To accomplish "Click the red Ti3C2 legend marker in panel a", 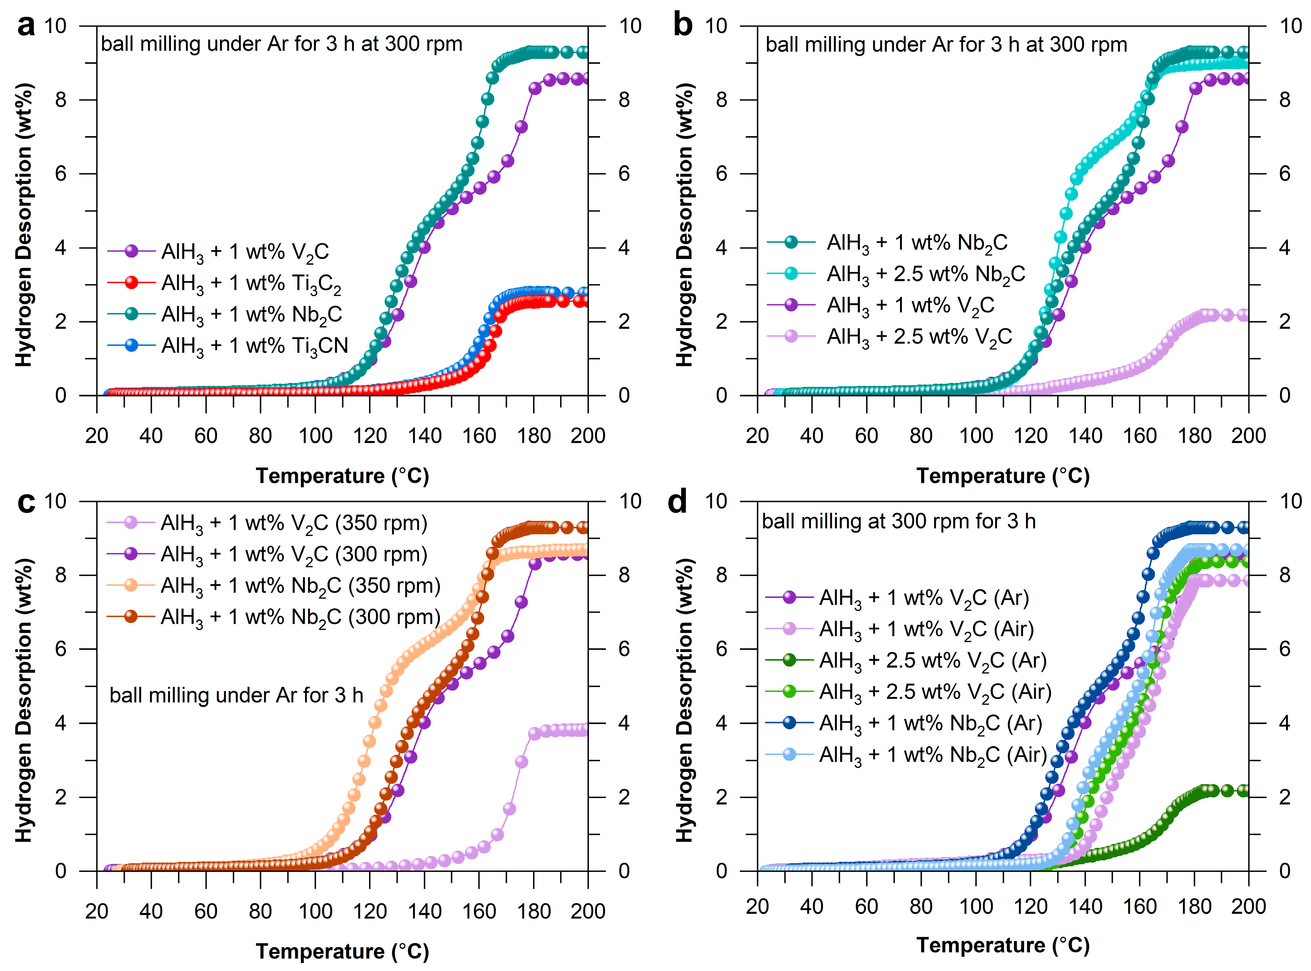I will tap(132, 283).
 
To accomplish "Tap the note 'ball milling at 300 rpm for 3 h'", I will tap(898, 521).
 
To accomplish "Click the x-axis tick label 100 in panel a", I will tap(315, 436).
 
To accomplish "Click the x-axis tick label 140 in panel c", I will tap(425, 911).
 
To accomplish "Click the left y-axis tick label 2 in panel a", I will tap(61, 321).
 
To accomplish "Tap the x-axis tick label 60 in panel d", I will tap(866, 906).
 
